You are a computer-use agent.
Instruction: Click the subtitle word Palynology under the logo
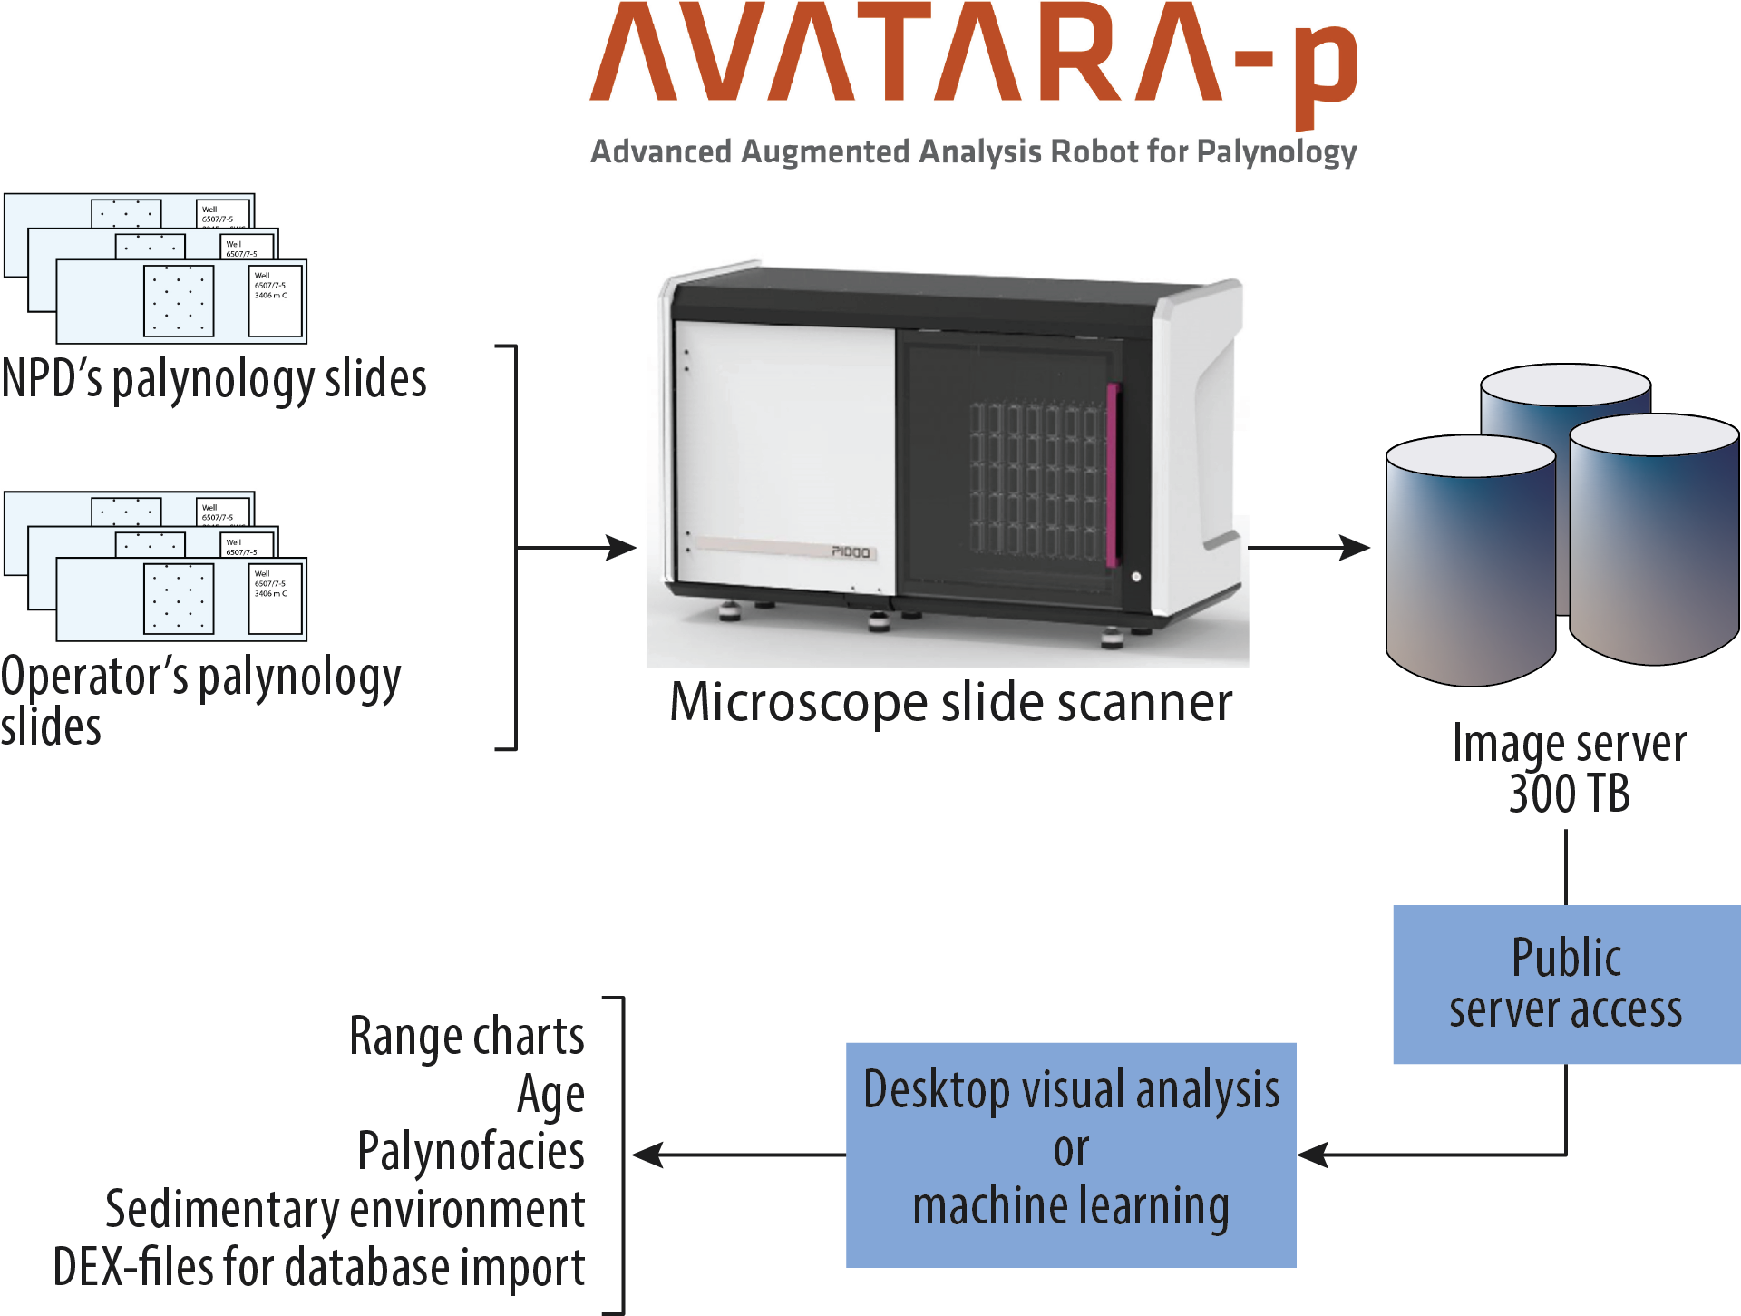[1276, 151]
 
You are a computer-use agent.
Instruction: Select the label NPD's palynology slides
[214, 379]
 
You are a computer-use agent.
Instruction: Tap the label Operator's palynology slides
[199, 700]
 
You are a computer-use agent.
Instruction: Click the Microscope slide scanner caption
[950, 702]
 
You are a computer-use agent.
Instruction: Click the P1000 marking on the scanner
[851, 551]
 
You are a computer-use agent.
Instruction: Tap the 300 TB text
[1569, 794]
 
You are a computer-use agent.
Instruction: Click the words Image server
[1569, 744]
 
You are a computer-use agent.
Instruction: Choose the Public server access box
[1566, 984]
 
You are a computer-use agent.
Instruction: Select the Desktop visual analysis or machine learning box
[1071, 1154]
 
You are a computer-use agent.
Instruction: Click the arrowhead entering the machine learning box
[1311, 1155]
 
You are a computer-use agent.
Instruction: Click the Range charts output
[467, 1037]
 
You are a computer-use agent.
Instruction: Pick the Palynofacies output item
[472, 1152]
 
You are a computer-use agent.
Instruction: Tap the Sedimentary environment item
[345, 1210]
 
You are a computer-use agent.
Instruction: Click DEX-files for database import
[319, 1267]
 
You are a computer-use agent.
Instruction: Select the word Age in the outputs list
[550, 1095]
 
